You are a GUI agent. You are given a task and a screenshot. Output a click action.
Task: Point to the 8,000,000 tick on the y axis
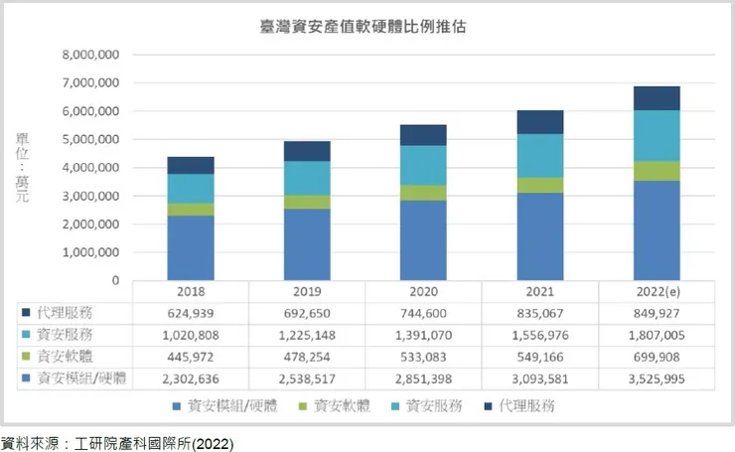coord(90,55)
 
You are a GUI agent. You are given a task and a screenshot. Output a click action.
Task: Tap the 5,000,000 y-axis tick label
coord(90,139)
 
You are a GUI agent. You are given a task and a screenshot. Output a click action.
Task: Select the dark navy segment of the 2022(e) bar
coord(656,98)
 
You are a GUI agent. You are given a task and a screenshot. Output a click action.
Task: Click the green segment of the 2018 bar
coord(191,210)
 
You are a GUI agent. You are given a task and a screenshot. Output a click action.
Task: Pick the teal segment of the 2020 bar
coord(423,165)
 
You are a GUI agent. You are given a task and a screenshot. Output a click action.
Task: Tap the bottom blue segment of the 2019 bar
coord(307,244)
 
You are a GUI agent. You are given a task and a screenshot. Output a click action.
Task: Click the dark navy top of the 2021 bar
coord(539,122)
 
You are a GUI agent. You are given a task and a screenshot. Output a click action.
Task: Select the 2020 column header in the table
coord(423,293)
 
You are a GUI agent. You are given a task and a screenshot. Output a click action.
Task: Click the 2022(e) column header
coord(656,293)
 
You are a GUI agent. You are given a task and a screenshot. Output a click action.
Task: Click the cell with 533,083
coord(423,357)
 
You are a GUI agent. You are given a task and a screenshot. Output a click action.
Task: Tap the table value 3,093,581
coord(539,378)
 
